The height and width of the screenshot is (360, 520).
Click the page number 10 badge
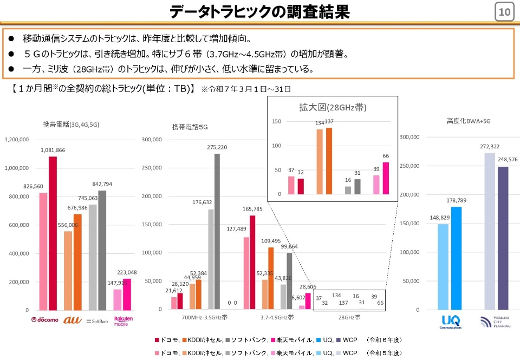(504, 12)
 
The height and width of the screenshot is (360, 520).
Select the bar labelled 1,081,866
(53, 233)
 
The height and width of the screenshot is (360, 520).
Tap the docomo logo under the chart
(45, 320)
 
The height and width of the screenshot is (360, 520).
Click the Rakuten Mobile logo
(123, 320)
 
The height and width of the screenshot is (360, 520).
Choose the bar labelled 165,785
(252, 263)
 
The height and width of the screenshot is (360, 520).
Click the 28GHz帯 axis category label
(349, 317)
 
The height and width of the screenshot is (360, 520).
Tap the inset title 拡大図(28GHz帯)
(333, 107)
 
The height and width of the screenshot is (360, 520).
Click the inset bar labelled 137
(329, 161)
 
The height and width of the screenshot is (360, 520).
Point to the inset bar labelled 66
(386, 178)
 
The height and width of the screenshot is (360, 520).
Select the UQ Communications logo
(450, 322)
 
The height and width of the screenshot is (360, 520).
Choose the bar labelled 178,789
(456, 258)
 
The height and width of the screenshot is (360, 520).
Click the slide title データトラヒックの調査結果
(259, 12)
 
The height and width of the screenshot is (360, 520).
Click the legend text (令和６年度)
(385, 339)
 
